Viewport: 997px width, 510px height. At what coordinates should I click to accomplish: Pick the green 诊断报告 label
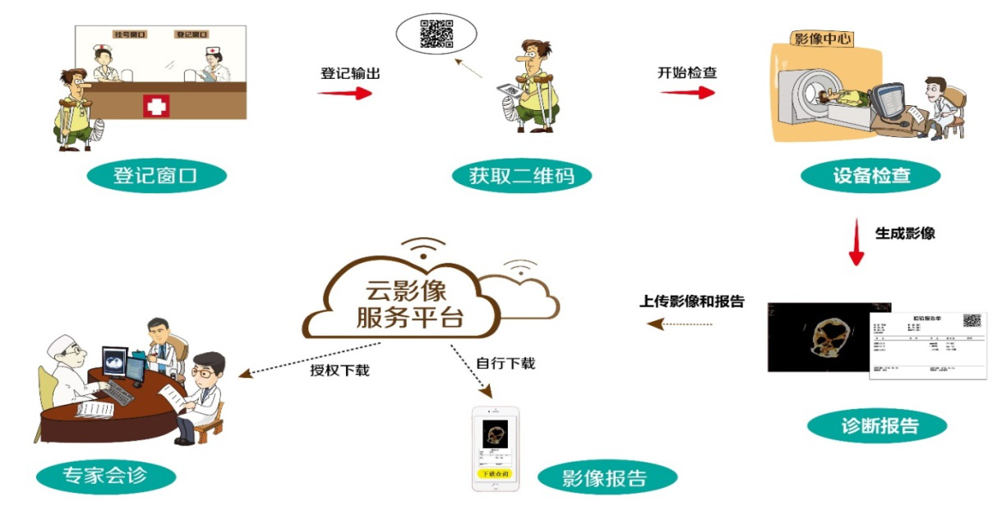pos(876,426)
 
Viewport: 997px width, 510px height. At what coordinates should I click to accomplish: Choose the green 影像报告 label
pos(606,478)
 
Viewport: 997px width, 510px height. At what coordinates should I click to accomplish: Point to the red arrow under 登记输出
pos(344,93)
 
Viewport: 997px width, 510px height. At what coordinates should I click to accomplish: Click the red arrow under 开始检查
pos(687,93)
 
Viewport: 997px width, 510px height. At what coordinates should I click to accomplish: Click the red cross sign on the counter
pos(156,106)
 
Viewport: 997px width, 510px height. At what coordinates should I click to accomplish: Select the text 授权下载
pos(339,370)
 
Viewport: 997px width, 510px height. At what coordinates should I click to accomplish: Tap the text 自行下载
pos(505,362)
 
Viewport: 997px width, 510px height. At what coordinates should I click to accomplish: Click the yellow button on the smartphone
pos(495,474)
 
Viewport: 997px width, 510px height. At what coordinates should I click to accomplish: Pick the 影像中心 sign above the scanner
pos(822,38)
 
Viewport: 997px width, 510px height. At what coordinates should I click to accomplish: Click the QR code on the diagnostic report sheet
pos(972,321)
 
